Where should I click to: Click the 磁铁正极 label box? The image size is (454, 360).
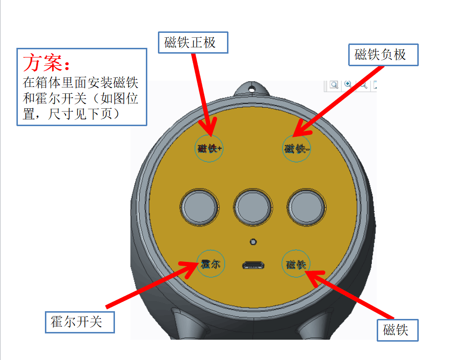coord(193,43)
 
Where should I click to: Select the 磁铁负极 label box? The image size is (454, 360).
coord(383,55)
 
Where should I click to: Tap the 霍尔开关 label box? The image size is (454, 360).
coord(80,322)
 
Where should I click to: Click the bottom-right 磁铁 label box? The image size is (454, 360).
coord(397,330)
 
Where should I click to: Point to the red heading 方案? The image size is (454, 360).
coord(46,62)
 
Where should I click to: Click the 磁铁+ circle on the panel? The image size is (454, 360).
coord(209,148)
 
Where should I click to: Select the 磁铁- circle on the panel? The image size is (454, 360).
coord(297,148)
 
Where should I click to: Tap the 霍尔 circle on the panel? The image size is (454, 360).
coord(211,263)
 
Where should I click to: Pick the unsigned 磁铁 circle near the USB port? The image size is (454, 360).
coord(296,263)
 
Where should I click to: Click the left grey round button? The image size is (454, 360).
coord(199,207)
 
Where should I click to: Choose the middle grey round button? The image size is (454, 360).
coord(253,207)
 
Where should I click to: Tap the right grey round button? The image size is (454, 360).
coord(307,207)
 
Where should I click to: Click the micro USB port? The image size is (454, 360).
coord(254,265)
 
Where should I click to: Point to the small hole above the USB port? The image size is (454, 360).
coord(253,242)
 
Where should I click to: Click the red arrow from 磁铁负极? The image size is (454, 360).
coord(338,101)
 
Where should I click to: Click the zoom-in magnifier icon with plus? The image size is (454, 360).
coord(348,84)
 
